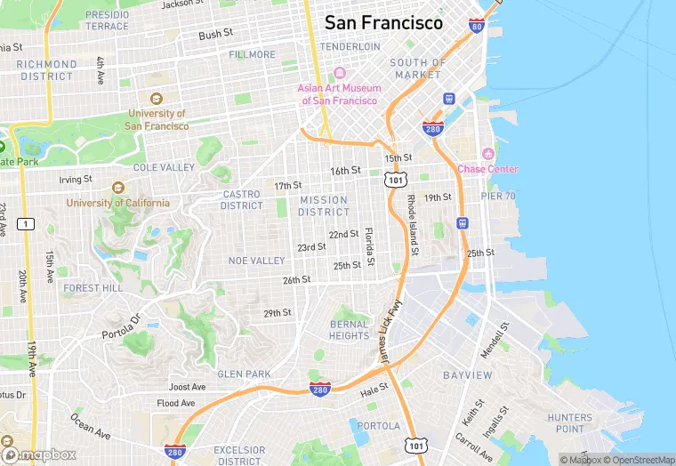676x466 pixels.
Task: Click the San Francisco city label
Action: [383, 23]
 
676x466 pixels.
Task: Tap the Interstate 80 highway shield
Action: [477, 27]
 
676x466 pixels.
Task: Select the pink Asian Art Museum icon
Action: [339, 73]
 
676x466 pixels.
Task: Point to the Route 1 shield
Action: [28, 223]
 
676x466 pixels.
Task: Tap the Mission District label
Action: [324, 206]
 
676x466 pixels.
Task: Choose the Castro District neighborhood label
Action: [242, 200]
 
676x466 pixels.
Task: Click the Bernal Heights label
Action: [349, 330]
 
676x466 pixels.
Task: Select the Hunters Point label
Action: [569, 423]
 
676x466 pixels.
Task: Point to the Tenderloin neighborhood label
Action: [350, 46]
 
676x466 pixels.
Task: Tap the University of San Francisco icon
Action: [157, 99]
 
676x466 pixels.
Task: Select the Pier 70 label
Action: [498, 196]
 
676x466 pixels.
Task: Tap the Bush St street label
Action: [215, 35]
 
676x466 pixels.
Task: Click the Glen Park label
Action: [244, 374]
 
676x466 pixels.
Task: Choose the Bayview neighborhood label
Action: [467, 375]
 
